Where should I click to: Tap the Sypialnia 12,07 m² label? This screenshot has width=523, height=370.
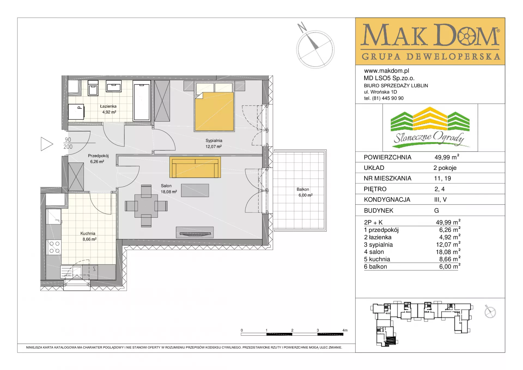(x=214, y=143)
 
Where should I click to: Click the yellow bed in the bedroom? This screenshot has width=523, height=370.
(x=214, y=112)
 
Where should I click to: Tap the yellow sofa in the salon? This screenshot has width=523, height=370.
(x=195, y=167)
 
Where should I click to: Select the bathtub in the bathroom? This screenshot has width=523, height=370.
(x=142, y=100)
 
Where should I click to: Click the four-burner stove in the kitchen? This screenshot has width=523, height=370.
(x=54, y=247)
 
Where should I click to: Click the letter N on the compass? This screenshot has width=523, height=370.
(x=302, y=27)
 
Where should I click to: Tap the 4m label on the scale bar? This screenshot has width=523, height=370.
(x=345, y=330)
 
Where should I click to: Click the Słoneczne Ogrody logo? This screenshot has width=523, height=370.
(x=430, y=128)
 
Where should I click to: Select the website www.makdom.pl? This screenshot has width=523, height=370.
(x=387, y=71)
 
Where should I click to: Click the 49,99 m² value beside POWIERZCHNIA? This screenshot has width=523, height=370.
(x=447, y=157)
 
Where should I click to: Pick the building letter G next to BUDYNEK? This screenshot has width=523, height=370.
(x=436, y=210)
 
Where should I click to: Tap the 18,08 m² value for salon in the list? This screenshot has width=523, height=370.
(x=448, y=252)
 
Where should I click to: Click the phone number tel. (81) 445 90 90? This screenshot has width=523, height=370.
(x=384, y=98)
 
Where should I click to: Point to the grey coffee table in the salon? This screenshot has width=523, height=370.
(x=195, y=190)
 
